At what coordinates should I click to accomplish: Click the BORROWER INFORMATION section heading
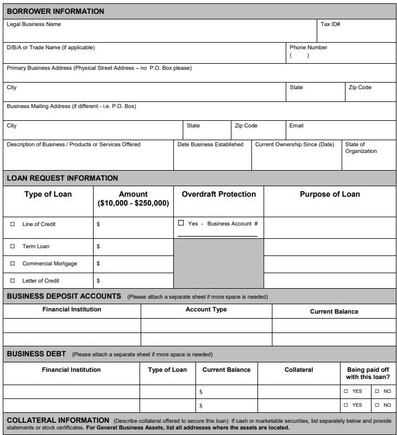(x=55, y=11)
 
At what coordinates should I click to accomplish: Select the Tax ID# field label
(x=331, y=24)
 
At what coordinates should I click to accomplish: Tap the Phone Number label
(x=308, y=48)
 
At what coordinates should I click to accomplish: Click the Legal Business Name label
(x=34, y=24)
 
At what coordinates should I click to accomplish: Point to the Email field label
(x=296, y=126)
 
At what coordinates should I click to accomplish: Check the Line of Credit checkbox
(x=13, y=224)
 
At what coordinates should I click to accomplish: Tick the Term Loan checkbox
(x=13, y=247)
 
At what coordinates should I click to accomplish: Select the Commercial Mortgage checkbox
(x=13, y=264)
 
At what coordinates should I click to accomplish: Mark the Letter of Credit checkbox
(x=13, y=281)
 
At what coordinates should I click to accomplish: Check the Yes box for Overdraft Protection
(x=181, y=223)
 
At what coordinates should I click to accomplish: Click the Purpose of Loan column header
(x=329, y=195)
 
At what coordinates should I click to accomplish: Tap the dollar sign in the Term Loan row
(x=98, y=247)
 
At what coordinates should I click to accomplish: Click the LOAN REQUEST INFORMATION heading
(x=62, y=178)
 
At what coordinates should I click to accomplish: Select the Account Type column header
(x=206, y=310)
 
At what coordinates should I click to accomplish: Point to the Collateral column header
(x=298, y=370)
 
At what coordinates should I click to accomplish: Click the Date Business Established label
(x=210, y=145)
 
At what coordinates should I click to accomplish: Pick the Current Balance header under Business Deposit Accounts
(x=334, y=312)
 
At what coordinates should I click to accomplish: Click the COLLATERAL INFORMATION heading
(x=58, y=421)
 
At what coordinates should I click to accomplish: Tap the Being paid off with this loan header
(x=368, y=373)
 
